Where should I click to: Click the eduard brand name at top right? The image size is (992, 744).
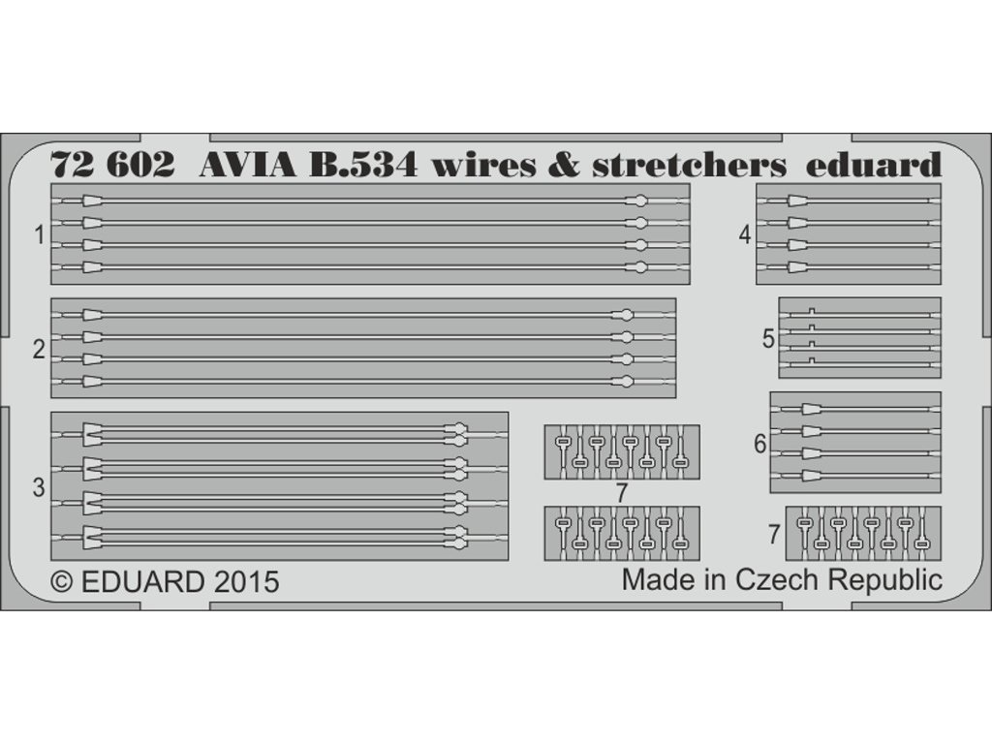(x=874, y=166)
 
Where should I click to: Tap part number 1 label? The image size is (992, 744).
(x=39, y=234)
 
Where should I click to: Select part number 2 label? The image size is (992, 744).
(x=39, y=349)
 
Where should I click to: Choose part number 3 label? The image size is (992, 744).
(x=39, y=488)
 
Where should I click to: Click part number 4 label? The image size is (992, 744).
(x=744, y=234)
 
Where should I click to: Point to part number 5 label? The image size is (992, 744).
(x=768, y=338)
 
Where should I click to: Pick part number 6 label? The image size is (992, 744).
(x=759, y=444)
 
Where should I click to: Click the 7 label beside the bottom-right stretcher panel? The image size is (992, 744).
(x=773, y=534)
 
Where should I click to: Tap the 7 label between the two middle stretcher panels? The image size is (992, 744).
(x=621, y=492)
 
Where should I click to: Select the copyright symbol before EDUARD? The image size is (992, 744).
(x=61, y=582)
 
